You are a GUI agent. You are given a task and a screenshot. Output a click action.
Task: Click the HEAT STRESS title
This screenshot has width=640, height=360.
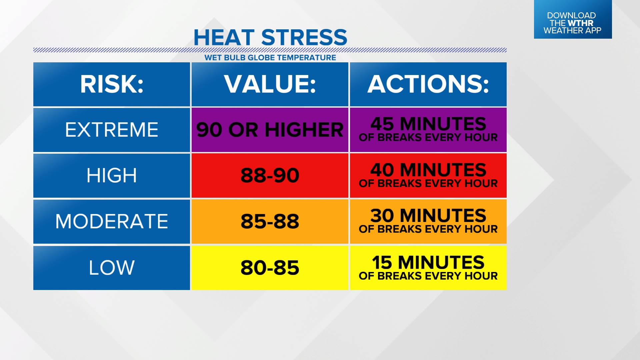coord(270,37)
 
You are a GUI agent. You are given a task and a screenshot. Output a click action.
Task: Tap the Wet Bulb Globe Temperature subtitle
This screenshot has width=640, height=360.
coord(270,58)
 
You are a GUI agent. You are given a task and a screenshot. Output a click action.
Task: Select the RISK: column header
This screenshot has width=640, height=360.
coord(112,84)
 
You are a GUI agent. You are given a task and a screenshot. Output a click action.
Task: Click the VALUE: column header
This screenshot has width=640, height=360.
coord(270,84)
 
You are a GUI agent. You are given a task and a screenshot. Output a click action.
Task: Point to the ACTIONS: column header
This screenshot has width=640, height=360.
coord(428,84)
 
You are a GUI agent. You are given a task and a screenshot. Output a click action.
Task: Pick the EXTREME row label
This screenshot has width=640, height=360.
coord(112,130)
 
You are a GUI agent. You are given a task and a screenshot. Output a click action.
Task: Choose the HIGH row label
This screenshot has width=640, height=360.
coord(112,176)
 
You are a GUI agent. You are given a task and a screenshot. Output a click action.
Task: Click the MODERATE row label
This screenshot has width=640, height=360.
coord(112,222)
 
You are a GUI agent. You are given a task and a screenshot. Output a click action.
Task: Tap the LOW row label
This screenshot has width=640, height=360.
coord(112,268)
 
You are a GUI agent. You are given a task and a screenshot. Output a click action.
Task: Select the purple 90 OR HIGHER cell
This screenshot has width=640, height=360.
coord(270,130)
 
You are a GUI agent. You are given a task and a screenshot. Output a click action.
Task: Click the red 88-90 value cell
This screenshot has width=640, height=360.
coord(270,176)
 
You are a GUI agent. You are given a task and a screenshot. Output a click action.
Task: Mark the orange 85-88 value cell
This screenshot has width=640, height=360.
coord(270,222)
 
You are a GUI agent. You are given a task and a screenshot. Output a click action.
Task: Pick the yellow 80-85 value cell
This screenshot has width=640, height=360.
coord(270,268)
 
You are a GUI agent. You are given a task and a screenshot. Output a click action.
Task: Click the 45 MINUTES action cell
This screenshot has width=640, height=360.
coord(428,130)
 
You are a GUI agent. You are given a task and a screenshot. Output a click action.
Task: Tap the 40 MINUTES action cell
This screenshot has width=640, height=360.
coord(428,176)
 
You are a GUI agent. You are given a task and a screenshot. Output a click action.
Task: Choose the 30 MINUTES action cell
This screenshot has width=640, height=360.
coord(428,222)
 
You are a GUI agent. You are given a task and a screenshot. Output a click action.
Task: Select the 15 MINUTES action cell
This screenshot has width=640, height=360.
coord(428,268)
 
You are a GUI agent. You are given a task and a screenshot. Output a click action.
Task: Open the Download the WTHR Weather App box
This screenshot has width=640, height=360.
coord(573,19)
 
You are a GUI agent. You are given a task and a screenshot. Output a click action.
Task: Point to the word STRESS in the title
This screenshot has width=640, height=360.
coord(304,37)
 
